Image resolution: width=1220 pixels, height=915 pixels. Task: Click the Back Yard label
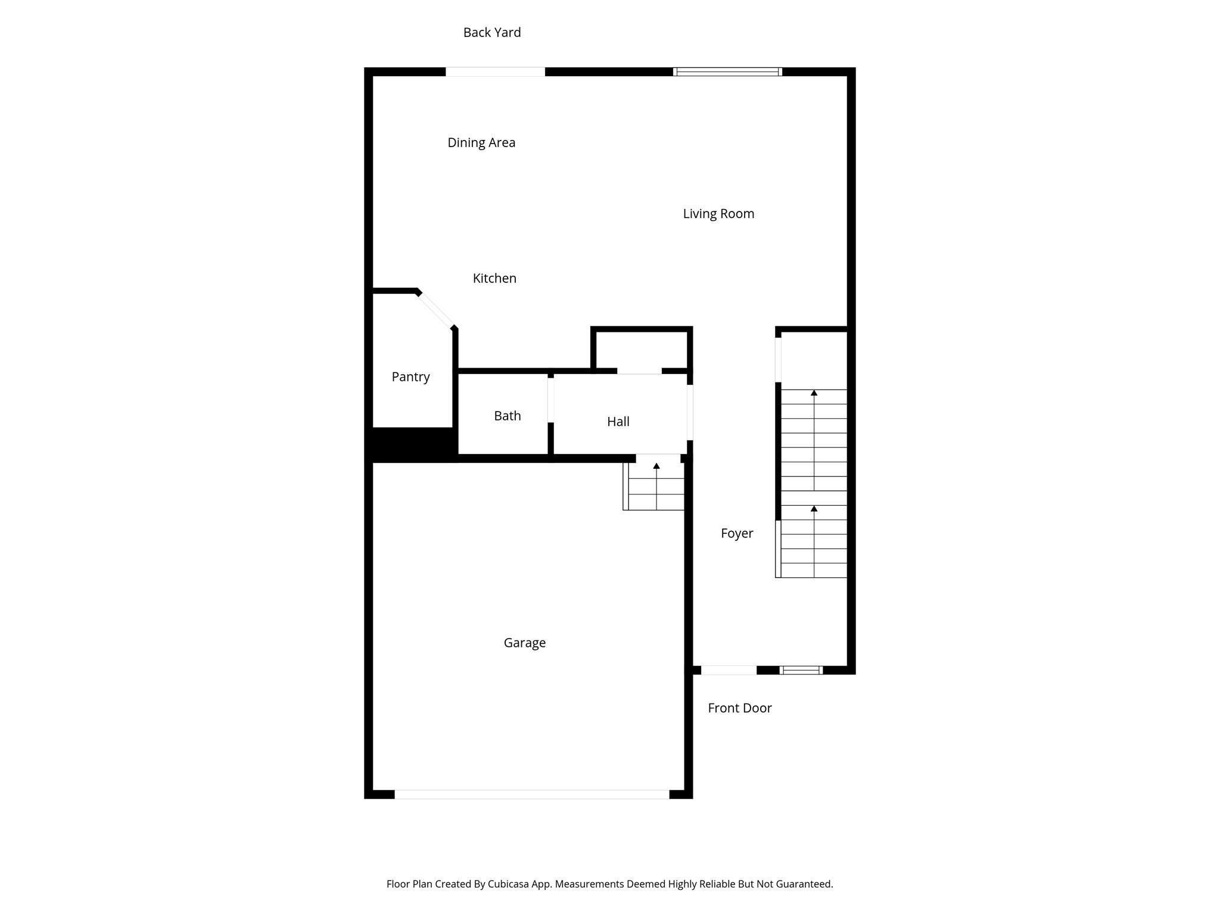[492, 33]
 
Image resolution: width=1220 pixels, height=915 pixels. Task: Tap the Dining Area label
[481, 143]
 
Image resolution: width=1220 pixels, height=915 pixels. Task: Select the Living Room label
[718, 214]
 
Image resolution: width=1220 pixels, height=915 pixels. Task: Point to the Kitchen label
[494, 278]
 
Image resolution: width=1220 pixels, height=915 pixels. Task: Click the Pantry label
[410, 377]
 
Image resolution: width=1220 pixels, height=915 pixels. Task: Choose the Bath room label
[508, 416]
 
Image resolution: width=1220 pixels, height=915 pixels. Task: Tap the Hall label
[618, 422]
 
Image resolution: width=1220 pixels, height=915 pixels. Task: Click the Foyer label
[737, 534]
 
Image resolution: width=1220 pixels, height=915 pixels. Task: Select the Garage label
[524, 643]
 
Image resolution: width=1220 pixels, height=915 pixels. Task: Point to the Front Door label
[739, 708]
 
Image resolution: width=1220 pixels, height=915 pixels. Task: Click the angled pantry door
[436, 310]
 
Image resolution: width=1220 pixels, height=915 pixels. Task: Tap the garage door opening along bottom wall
[531, 794]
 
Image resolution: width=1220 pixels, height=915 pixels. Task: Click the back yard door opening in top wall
[495, 72]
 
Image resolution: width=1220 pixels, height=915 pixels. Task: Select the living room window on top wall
[727, 72]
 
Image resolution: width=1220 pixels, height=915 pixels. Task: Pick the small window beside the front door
[801, 670]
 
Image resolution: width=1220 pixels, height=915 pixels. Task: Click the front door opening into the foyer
[729, 670]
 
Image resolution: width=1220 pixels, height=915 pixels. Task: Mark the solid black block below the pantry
[411, 444]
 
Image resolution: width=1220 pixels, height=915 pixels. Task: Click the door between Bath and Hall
[551, 400]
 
